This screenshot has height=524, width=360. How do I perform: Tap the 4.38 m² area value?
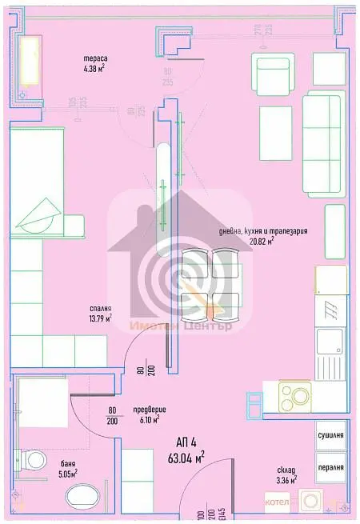point(96,69)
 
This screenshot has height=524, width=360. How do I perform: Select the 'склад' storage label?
point(286,470)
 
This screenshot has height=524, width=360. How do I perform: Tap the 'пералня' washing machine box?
point(330,469)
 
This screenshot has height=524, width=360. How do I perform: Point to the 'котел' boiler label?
point(277,502)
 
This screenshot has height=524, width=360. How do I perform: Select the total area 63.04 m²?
point(188,458)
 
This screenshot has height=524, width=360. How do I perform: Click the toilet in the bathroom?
point(34,462)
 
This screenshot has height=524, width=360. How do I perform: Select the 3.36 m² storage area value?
point(286,480)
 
